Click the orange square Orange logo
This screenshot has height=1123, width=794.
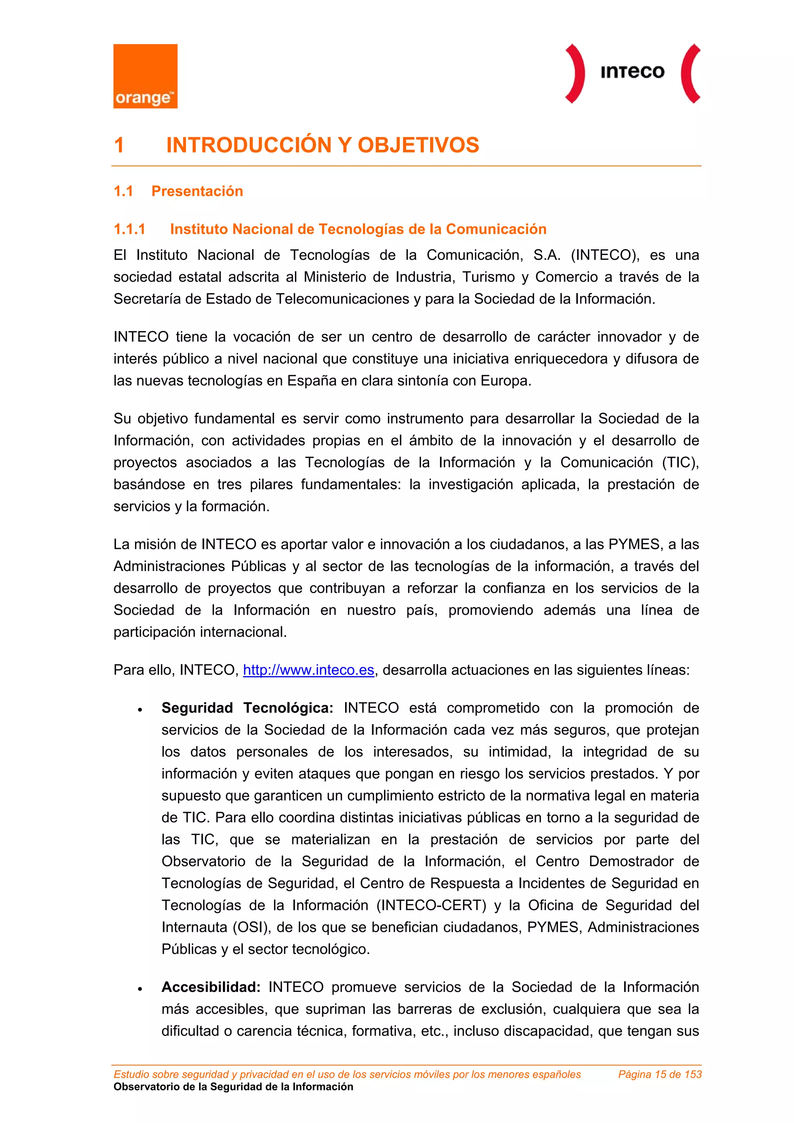point(145,76)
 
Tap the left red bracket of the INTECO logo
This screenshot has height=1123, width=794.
point(575,73)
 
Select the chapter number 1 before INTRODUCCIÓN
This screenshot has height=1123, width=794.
point(119,145)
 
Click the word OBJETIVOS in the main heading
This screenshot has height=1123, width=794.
point(418,145)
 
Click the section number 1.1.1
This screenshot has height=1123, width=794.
point(129,229)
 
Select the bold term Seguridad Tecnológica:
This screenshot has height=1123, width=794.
point(247,708)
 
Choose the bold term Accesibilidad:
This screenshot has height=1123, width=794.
point(211,987)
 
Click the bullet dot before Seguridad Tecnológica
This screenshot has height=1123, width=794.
point(140,709)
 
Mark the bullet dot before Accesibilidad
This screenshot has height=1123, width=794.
point(140,988)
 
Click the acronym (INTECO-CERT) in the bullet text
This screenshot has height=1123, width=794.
point(431,906)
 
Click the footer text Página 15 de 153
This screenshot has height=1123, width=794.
point(659,1074)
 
